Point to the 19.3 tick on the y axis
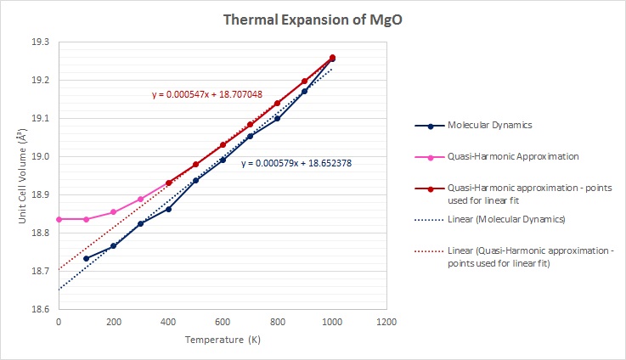coord(39,42)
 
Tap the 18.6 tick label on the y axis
coord(39,310)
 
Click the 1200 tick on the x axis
coord(386,323)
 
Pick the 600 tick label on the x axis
coord(223,323)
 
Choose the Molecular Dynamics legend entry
coord(488,126)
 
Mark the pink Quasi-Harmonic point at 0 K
coord(59,219)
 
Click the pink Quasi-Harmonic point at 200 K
coord(114,212)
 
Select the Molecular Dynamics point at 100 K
coord(86,258)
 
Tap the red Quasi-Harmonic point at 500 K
coord(195,164)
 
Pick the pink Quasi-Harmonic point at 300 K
coord(141,199)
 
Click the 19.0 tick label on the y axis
coord(39,156)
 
